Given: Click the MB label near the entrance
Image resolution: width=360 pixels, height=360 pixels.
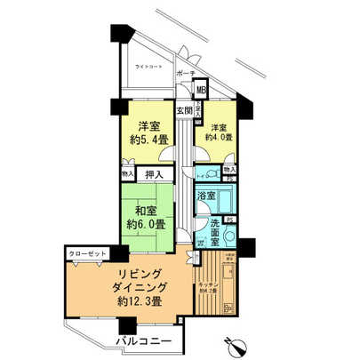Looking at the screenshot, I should click(x=202, y=89).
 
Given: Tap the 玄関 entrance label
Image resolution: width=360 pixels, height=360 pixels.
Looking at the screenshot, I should click(x=183, y=110).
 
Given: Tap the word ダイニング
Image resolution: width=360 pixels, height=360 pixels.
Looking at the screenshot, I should click(x=129, y=289).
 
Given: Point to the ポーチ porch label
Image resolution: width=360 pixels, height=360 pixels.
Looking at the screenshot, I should click(x=185, y=73).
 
